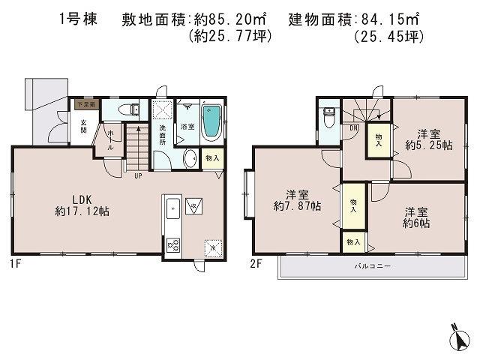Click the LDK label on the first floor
pos(82,199)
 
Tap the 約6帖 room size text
pos(416,223)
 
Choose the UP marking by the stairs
pos(137,177)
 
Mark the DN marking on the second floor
pos(353,127)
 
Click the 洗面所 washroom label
pos(163,133)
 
